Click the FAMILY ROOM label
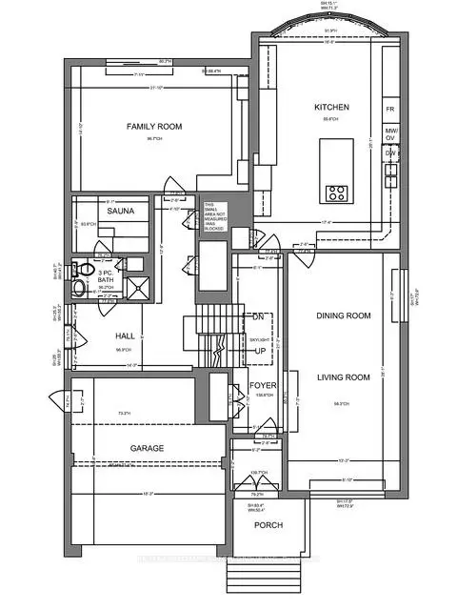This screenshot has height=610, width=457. (x=154, y=126)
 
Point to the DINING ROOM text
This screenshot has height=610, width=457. (x=343, y=315)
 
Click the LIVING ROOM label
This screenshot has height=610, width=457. (x=343, y=378)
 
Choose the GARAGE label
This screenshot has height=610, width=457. (x=148, y=447)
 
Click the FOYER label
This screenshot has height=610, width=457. (x=263, y=385)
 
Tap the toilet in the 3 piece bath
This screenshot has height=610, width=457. (x=83, y=268)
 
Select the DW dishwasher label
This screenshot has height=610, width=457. (x=390, y=152)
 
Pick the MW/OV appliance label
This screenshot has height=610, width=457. (x=390, y=131)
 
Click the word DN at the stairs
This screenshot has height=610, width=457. (x=256, y=316)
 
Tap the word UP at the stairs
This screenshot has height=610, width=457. (x=260, y=352)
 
